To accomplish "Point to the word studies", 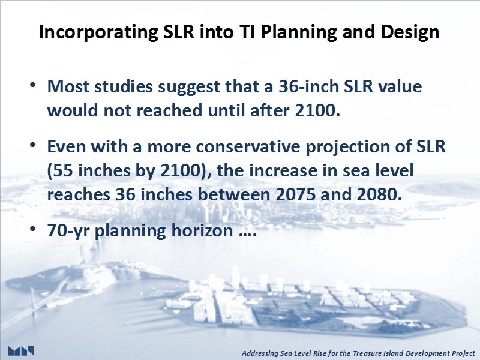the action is pyautogui.click(x=124, y=86).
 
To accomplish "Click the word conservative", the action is pyautogui.click(x=248, y=146).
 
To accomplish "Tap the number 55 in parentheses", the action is pyautogui.click(x=63, y=170).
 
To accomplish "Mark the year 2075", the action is pyautogui.click(x=295, y=194).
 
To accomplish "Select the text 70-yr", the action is pyautogui.click(x=68, y=232).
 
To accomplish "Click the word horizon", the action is pyautogui.click(x=202, y=230).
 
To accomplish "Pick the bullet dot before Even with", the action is pyautogui.click(x=33, y=144).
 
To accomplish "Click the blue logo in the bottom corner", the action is pyautogui.click(x=21, y=351).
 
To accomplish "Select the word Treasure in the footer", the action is pyautogui.click(x=365, y=353).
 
